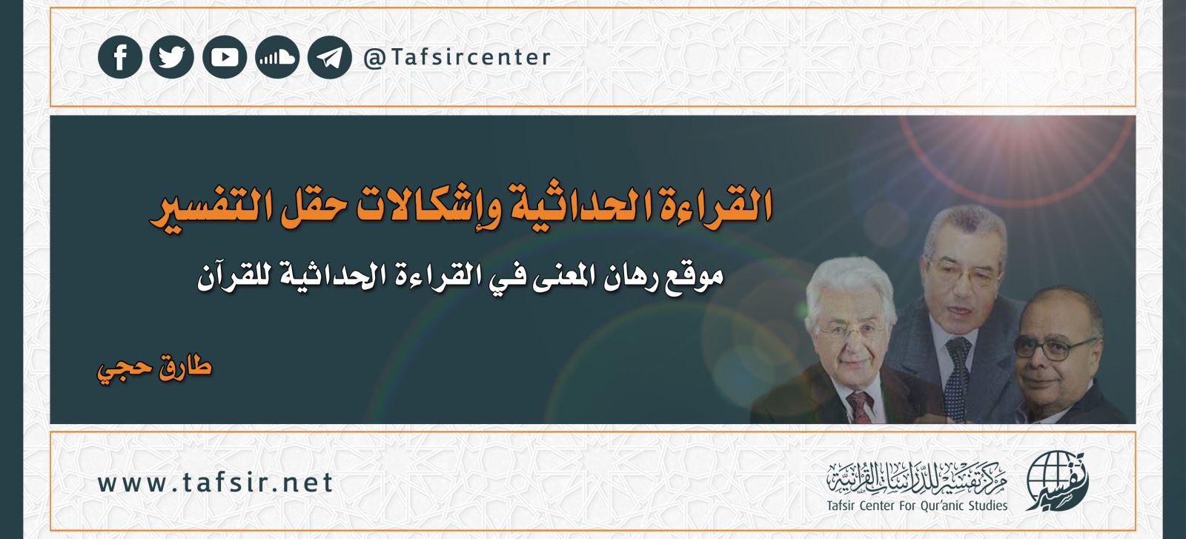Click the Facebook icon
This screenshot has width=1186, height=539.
coord(120,57)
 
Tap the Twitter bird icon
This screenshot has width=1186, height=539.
coord(171,57)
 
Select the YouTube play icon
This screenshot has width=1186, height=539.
coord(225,57)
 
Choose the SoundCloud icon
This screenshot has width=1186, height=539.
coord(277,57)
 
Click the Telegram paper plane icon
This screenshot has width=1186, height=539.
coord(329,57)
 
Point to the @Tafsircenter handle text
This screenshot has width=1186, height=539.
coord(457,57)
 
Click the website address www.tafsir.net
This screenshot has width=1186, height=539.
coord(215,483)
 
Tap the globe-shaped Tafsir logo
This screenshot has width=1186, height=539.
coord(1057,480)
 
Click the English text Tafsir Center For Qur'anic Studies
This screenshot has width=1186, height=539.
coord(917,506)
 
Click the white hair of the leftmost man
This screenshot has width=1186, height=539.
coord(849,283)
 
